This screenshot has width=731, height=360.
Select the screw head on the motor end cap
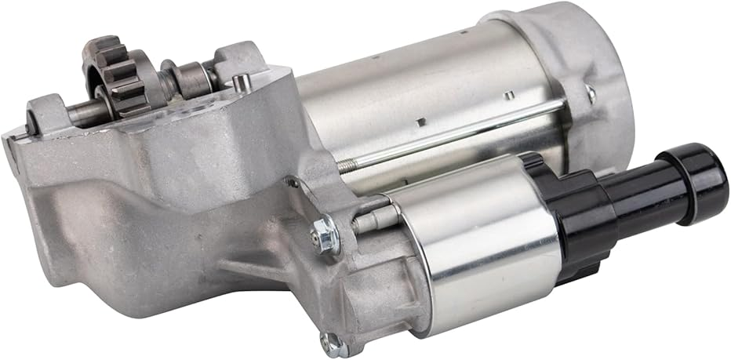click(x=590, y=93)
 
